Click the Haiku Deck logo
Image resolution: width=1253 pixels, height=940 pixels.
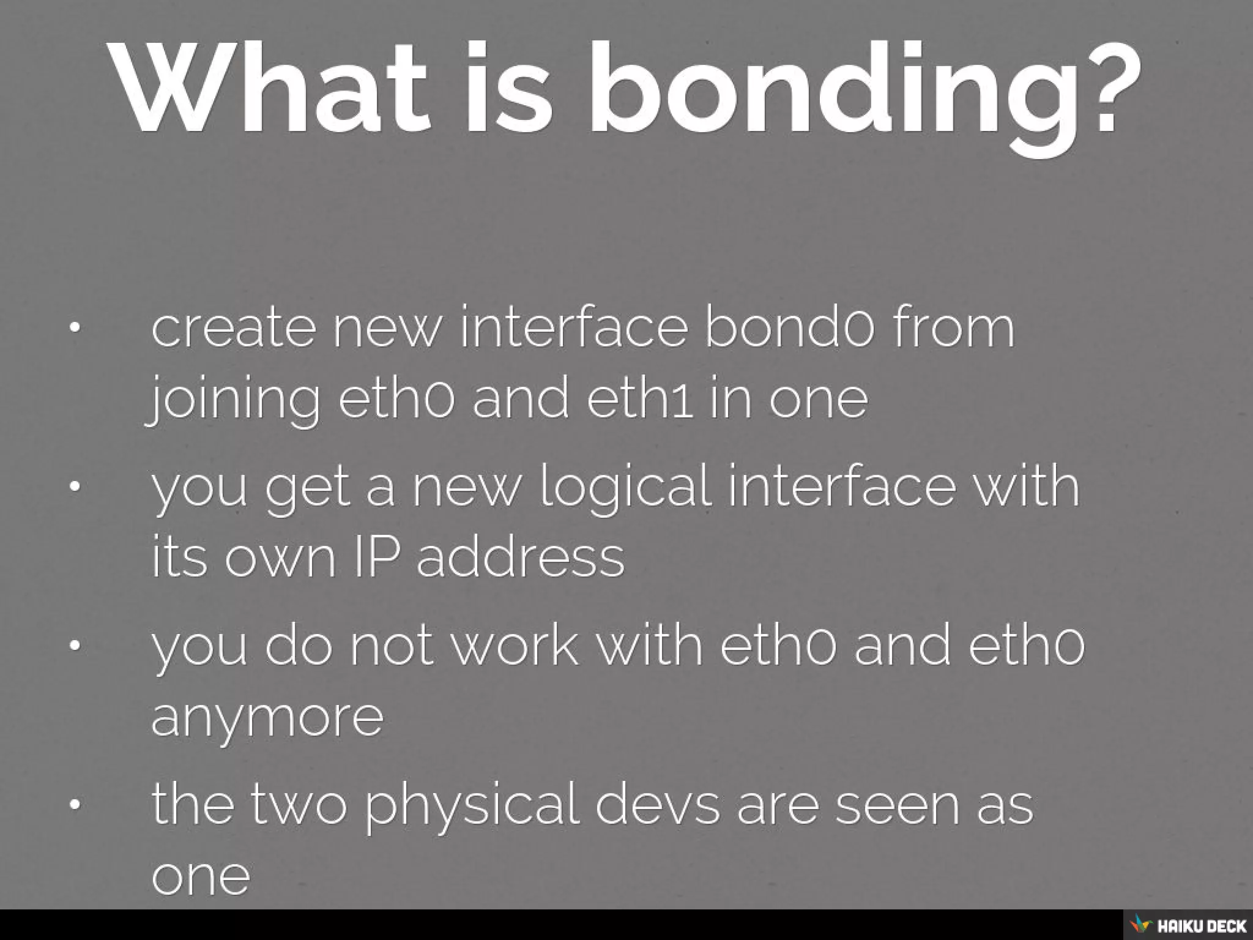point(1186,925)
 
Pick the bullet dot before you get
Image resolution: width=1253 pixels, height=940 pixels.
point(75,487)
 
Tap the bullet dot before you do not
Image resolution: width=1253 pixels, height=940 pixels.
point(75,645)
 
